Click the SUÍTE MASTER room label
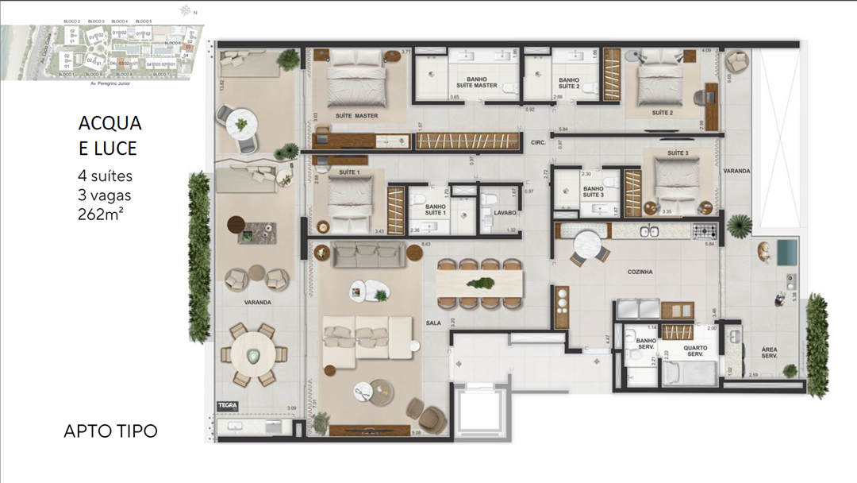[x=356, y=116]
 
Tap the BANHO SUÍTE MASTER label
[x=476, y=82]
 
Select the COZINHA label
[x=640, y=272]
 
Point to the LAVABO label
[x=505, y=213]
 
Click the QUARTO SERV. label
[x=695, y=350]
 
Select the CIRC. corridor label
[x=537, y=144]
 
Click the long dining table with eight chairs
[x=479, y=283]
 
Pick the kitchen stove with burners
[x=705, y=231]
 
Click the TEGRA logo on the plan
[x=227, y=405]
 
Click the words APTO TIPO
[x=110, y=431]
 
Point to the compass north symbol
[x=186, y=11]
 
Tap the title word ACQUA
[x=110, y=124]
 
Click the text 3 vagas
[x=104, y=195]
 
